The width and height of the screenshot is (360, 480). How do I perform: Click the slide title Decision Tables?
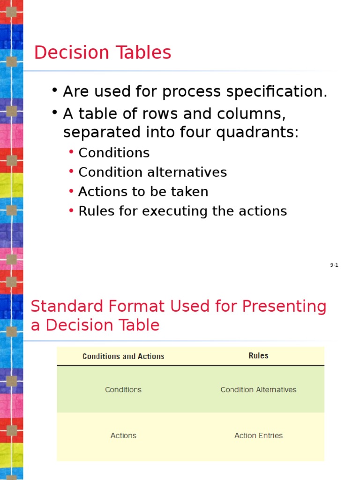pyautogui.click(x=103, y=52)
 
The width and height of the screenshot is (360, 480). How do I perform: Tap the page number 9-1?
pyautogui.click(x=334, y=265)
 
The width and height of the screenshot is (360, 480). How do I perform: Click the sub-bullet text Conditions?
pyautogui.click(x=114, y=153)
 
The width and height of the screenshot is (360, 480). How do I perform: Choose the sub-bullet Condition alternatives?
pyautogui.click(x=152, y=172)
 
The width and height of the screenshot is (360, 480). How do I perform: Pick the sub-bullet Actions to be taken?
pyautogui.click(x=143, y=192)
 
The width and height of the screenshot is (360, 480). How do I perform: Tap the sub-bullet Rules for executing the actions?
pyautogui.click(x=182, y=211)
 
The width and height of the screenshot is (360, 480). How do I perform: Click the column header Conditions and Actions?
pyautogui.click(x=123, y=357)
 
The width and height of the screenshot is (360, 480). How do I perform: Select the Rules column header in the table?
pyautogui.click(x=258, y=356)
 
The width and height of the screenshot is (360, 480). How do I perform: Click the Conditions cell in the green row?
pyautogui.click(x=123, y=390)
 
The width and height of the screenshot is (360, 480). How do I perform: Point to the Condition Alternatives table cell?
pyautogui.click(x=258, y=390)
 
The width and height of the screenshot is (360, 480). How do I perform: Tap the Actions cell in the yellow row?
pyautogui.click(x=123, y=435)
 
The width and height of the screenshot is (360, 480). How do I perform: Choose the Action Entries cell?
pyautogui.click(x=258, y=435)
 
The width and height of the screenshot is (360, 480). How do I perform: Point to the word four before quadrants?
pyautogui.click(x=195, y=133)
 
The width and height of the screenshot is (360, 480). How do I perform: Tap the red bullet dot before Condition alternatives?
pyautogui.click(x=71, y=172)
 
